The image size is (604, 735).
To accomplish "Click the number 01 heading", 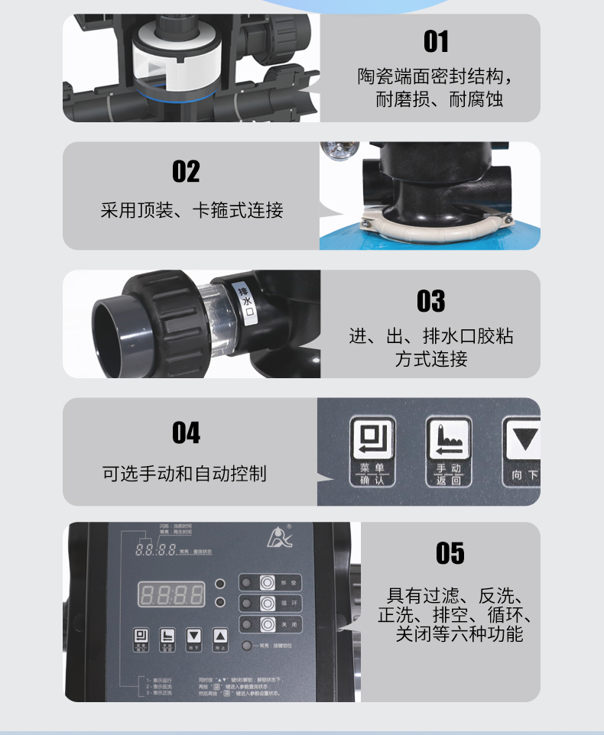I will tap(436, 41).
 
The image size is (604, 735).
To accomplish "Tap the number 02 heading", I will tap(186, 171).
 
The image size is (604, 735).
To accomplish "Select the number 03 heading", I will tap(430, 301).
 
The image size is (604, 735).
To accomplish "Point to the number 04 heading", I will tap(186, 433).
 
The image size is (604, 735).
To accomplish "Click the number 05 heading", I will tap(450, 553).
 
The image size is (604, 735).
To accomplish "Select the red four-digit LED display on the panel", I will tap(170, 594).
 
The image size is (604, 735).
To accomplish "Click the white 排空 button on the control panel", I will tap(267, 582).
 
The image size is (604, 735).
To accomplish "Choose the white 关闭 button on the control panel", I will tap(267, 623).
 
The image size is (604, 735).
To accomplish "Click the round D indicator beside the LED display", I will tap(220, 584).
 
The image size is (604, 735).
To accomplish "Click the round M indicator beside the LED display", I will tap(220, 602).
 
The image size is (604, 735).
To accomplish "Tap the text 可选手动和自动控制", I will tap(184, 474).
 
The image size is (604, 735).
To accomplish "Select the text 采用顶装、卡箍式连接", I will tap(192, 210).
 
